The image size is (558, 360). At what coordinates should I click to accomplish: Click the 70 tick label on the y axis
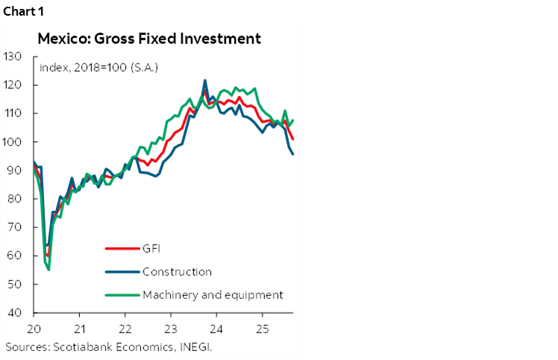click(x=14, y=228)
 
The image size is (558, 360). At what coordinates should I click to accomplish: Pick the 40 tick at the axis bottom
click(x=14, y=313)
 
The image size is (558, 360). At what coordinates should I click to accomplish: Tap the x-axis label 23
click(x=171, y=328)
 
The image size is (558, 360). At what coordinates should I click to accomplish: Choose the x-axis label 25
click(x=262, y=328)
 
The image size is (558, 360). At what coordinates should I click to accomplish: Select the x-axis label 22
click(x=125, y=328)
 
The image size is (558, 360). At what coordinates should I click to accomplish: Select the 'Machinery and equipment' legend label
click(x=212, y=294)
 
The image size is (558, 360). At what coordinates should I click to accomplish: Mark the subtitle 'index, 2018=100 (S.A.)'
click(x=98, y=67)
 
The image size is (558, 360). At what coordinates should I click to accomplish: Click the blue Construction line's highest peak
click(x=205, y=80)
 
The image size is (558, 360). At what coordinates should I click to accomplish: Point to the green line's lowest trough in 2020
click(x=49, y=269)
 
